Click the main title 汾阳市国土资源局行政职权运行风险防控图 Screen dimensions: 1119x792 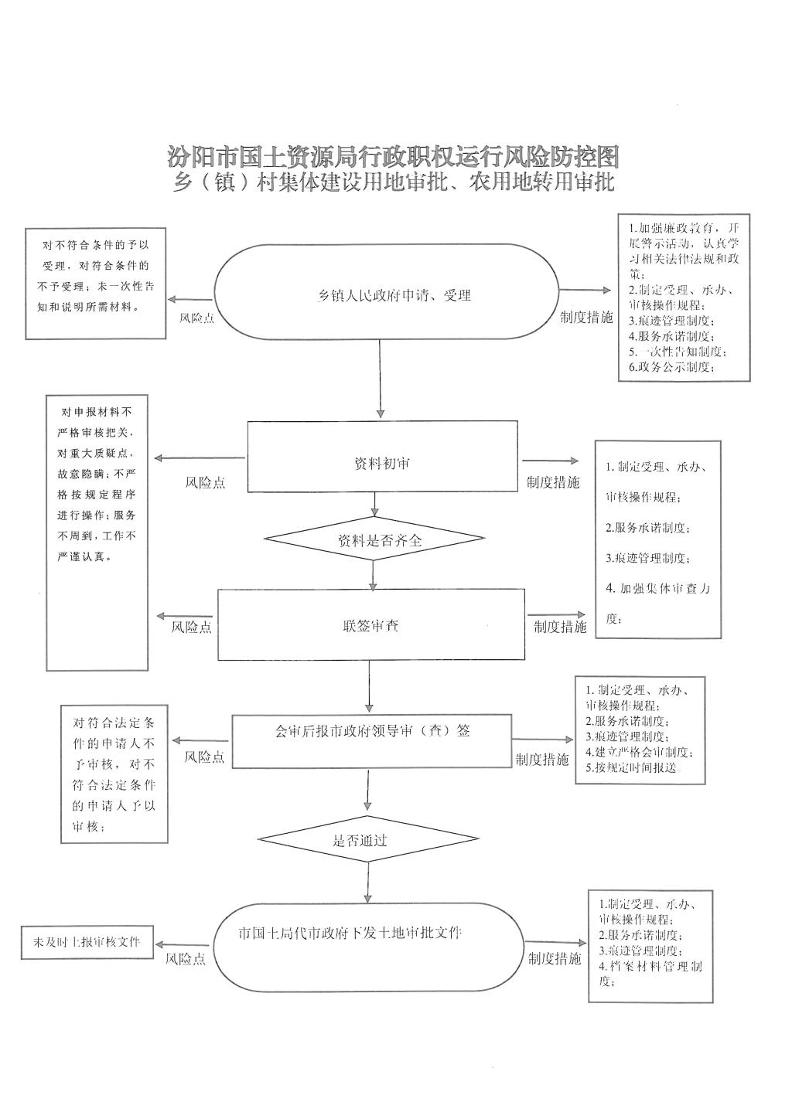(394, 157)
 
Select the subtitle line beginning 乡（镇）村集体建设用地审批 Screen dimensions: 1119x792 (394, 184)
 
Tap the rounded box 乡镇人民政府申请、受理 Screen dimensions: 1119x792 (387, 294)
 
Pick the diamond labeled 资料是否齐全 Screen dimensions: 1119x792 (374, 540)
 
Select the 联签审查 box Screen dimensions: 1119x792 (370, 624)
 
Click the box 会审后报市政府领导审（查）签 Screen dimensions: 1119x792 (372, 740)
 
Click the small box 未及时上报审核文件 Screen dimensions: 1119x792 (87, 944)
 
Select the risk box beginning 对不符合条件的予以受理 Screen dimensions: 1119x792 (96, 283)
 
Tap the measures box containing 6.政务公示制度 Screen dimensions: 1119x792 (683, 298)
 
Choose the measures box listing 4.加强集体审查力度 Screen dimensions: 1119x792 (658, 539)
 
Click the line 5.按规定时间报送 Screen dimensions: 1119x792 (630, 767)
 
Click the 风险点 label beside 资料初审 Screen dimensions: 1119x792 (205, 482)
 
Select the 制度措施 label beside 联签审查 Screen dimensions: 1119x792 (560, 627)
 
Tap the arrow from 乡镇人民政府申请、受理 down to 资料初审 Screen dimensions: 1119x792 (381, 379)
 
